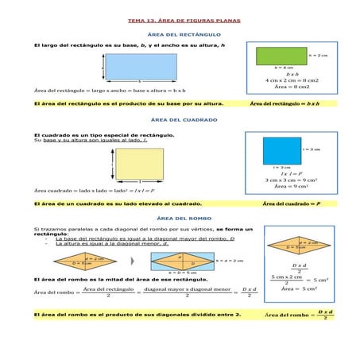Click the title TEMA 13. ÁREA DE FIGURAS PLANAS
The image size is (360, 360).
point(179,20)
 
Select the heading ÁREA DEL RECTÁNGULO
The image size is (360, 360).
point(179,35)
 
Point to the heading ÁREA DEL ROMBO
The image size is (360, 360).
point(179,217)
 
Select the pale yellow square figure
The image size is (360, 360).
point(141,165)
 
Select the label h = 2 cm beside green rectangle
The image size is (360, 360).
point(318,56)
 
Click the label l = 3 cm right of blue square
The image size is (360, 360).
point(312,149)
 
